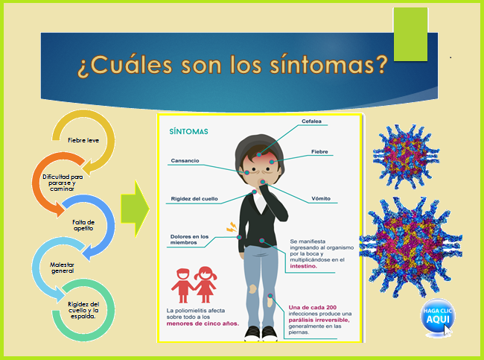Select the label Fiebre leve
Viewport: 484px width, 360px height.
click(82, 140)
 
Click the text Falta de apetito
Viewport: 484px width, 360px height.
click(83, 225)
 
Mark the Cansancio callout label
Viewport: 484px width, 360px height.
click(186, 160)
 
